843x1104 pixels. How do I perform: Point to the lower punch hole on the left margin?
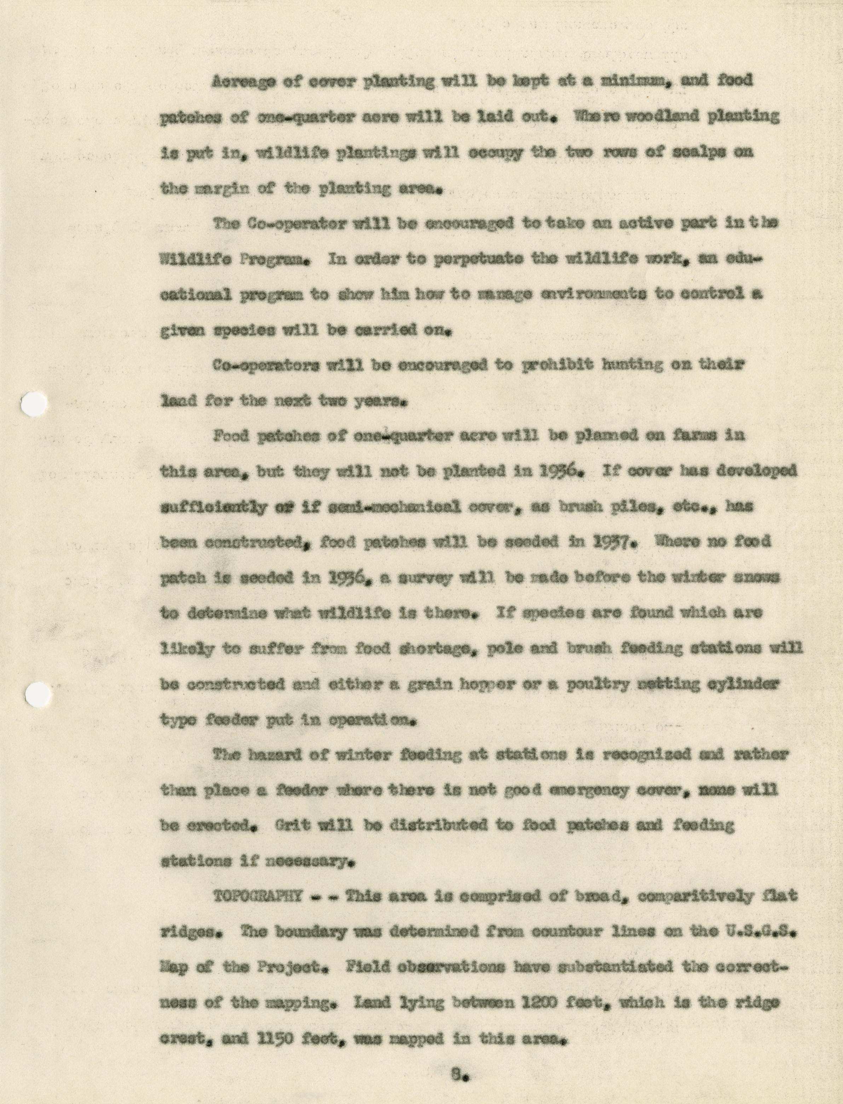[x=37, y=695]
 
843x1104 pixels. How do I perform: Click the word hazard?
[x=272, y=755]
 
